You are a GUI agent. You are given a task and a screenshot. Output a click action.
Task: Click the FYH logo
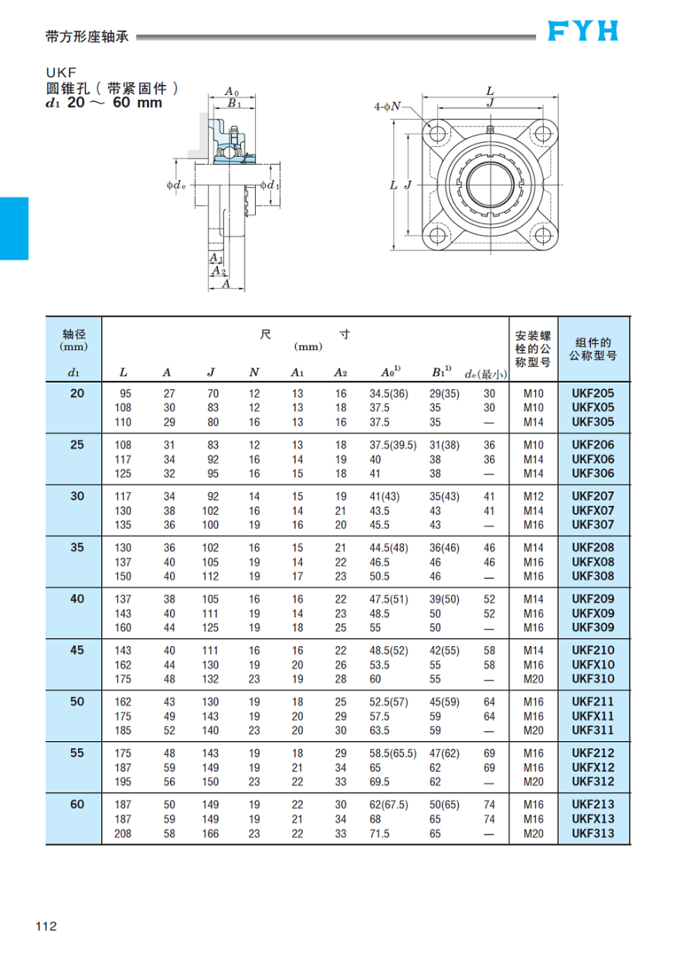click(583, 31)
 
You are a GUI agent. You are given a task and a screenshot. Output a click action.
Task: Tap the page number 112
click(46, 927)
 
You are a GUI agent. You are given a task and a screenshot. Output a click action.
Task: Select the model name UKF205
click(593, 393)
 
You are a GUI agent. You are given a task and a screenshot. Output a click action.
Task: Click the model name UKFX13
click(593, 819)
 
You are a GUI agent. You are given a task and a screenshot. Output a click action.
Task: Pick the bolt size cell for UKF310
click(534, 679)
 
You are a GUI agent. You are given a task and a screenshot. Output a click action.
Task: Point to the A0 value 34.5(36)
click(389, 393)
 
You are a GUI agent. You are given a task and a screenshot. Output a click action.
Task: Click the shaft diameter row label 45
click(77, 651)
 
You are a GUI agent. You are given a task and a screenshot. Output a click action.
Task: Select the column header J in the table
click(211, 372)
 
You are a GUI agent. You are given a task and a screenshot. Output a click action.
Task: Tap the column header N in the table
click(254, 372)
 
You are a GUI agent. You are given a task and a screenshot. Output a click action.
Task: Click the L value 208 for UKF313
click(123, 834)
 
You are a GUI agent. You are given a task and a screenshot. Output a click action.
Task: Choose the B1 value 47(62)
click(444, 753)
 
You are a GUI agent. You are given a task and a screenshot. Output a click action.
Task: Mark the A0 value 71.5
click(379, 834)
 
